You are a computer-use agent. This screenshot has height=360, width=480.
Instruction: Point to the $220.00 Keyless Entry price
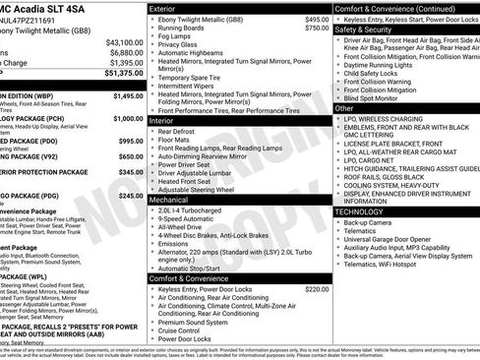coord(317,289)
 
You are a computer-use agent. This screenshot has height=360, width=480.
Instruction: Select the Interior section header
coord(167,119)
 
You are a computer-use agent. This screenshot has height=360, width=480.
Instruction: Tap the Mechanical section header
coord(175,199)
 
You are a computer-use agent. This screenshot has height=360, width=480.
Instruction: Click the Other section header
coord(350,108)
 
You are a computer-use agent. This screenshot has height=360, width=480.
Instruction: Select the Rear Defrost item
coord(183,130)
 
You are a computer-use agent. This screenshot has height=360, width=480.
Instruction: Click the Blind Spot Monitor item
coord(377,98)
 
